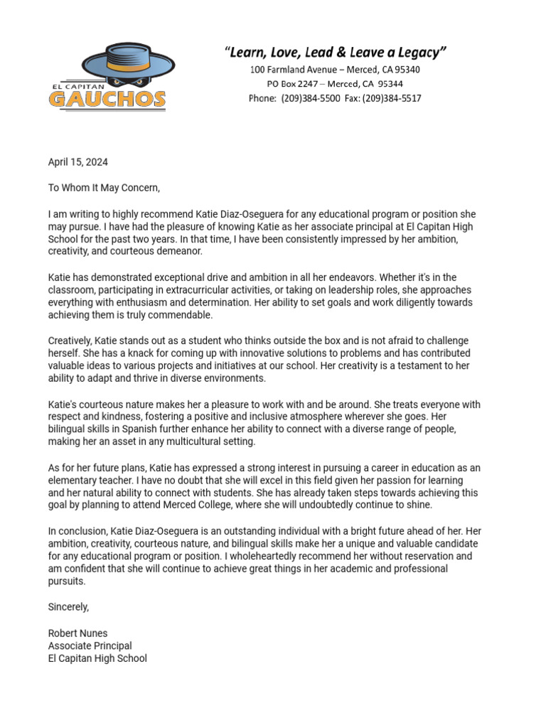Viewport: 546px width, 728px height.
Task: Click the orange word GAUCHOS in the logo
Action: pos(107,99)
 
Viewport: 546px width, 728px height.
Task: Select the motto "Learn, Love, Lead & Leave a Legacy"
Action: pos(336,52)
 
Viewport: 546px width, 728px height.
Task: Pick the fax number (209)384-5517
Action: pos(392,98)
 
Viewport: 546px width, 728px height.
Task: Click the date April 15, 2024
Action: pos(78,162)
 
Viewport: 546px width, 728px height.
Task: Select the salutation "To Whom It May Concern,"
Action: pos(105,188)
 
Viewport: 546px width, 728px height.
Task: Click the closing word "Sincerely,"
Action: pos(68,607)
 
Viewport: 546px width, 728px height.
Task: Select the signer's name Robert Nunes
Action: pos(77,633)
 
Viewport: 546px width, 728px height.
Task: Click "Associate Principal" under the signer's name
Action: pos(90,646)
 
